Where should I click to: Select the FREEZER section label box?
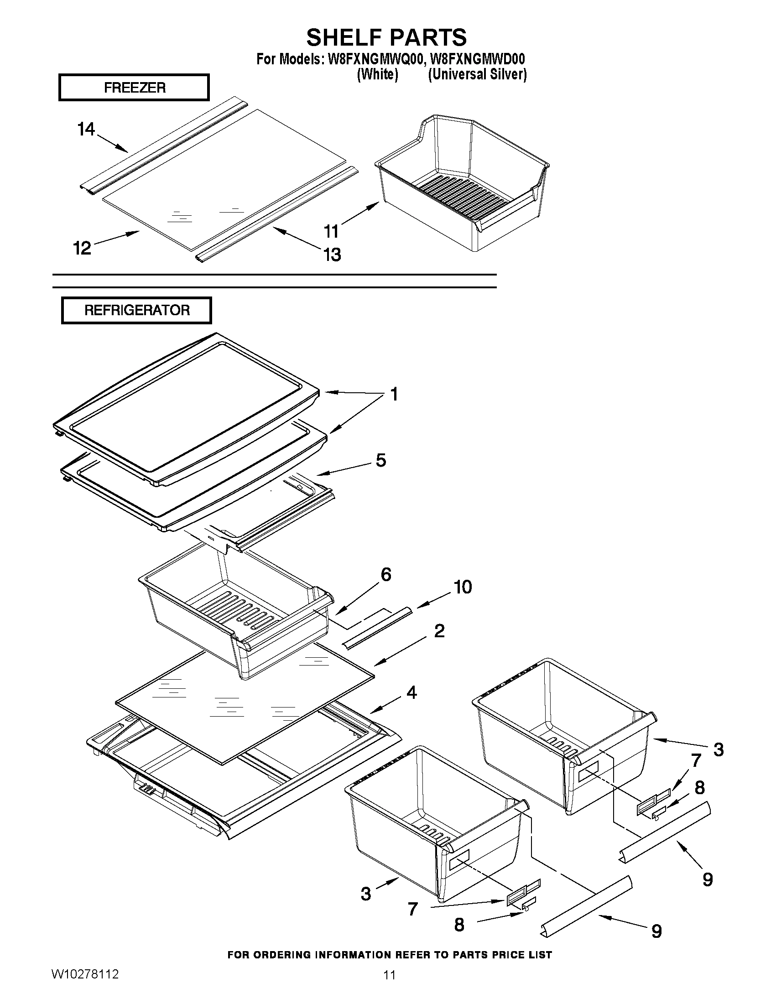[x=134, y=87]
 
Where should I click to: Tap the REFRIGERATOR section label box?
[x=136, y=310]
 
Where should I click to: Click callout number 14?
[x=86, y=129]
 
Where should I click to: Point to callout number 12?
[x=82, y=248]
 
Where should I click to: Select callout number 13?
[x=333, y=254]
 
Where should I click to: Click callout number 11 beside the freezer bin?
[x=332, y=231]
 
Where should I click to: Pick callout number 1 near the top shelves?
[x=394, y=394]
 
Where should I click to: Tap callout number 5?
[x=380, y=460]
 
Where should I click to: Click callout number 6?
[x=385, y=574]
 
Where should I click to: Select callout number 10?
[x=463, y=587]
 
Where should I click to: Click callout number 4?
[x=411, y=692]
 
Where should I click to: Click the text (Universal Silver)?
[x=477, y=74]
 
